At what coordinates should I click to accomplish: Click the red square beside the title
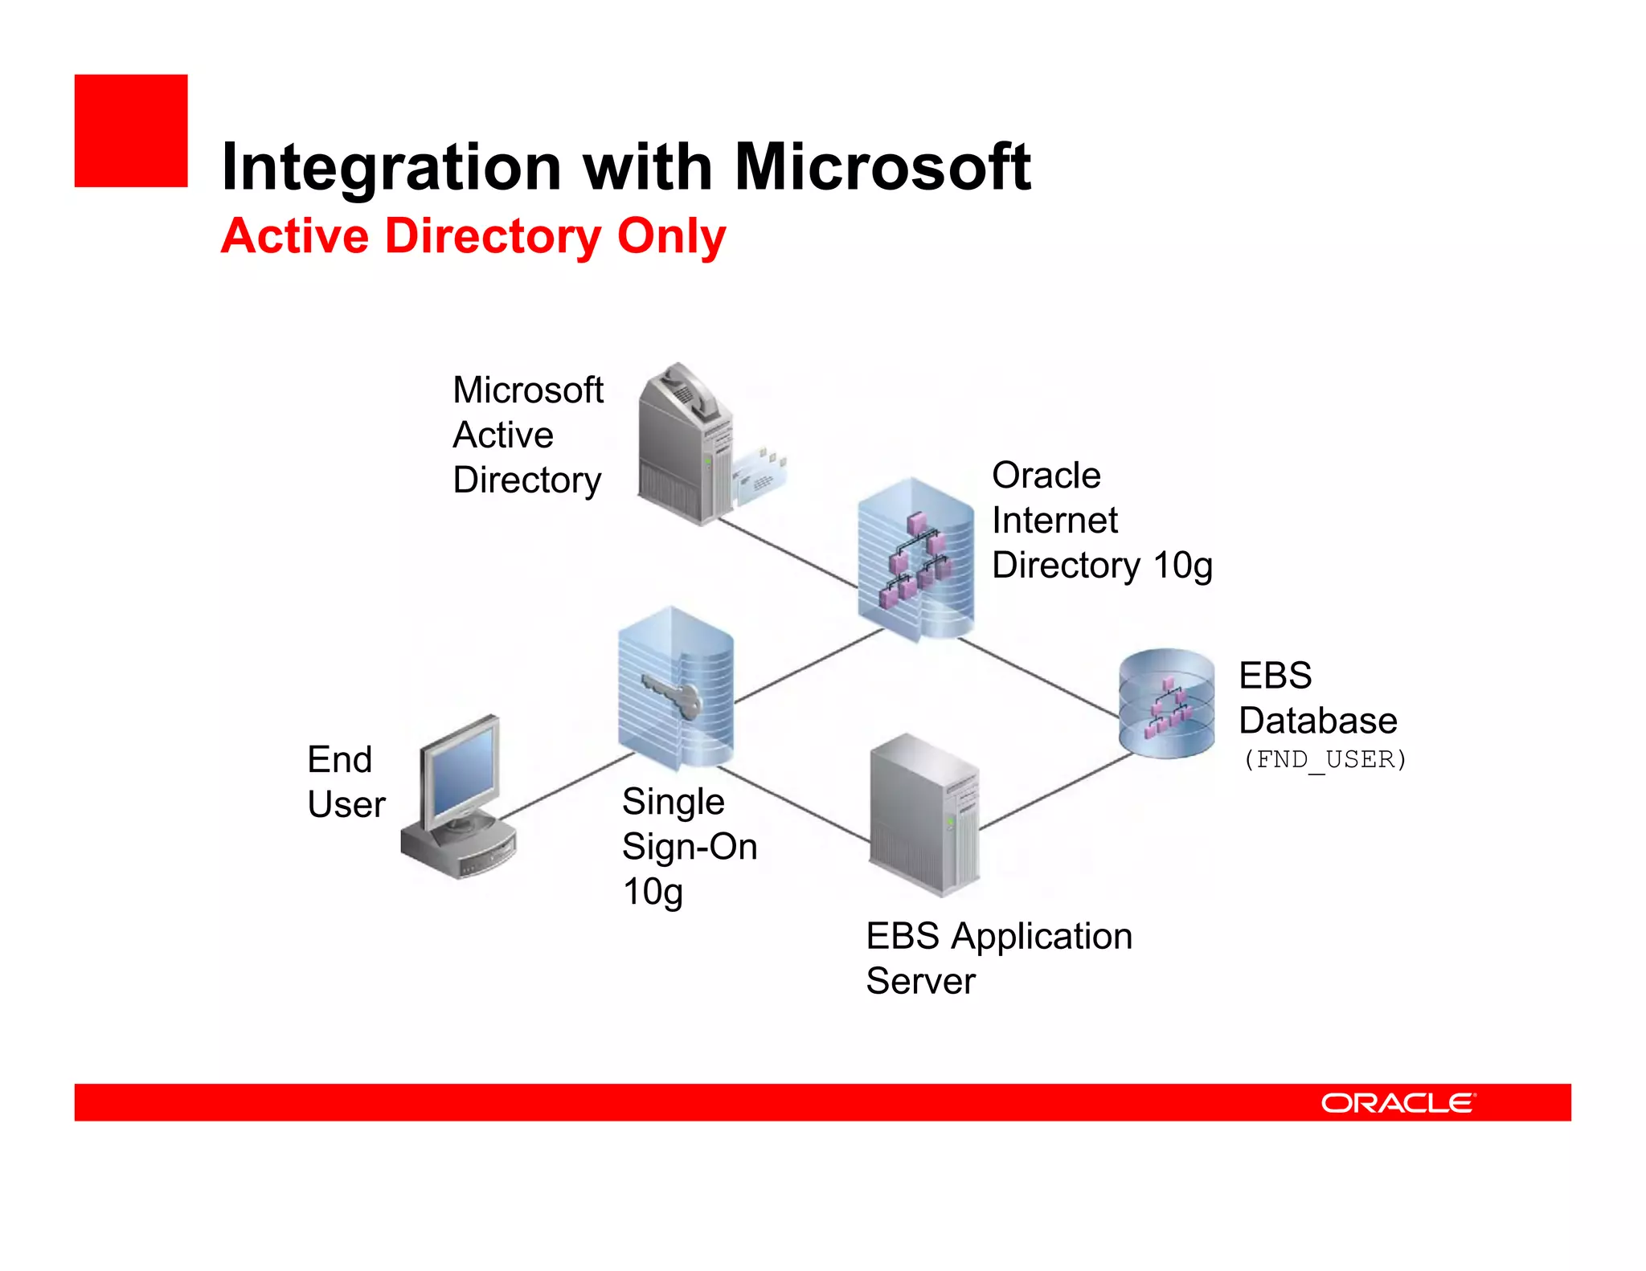click(130, 131)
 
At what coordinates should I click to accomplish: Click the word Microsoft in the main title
click(882, 167)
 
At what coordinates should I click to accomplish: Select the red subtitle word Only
click(671, 236)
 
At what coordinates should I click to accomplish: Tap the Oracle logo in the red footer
click(1398, 1102)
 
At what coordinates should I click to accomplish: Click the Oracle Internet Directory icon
click(915, 558)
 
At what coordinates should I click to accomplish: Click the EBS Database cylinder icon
click(1166, 704)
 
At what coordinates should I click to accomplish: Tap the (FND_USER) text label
click(1325, 759)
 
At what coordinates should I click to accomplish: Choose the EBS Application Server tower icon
click(924, 815)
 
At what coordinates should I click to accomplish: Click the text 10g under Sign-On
click(652, 892)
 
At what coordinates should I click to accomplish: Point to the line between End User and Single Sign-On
click(567, 786)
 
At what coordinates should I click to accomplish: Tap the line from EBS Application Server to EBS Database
click(1057, 791)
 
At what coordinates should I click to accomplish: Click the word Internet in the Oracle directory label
click(1054, 521)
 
